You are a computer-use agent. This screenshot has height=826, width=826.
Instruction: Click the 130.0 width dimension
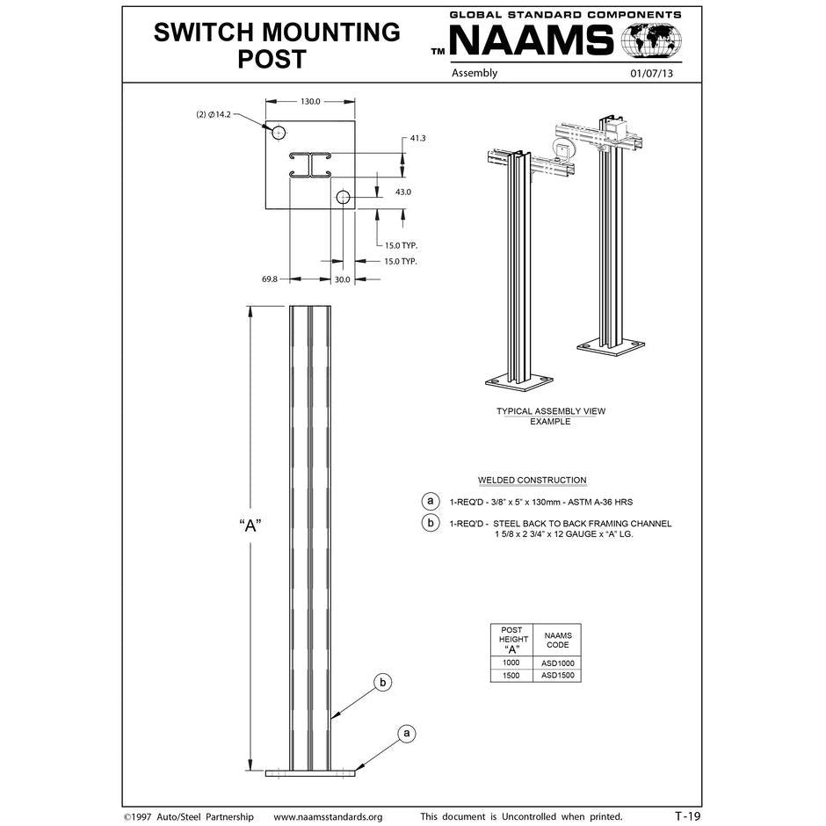pyautogui.click(x=310, y=102)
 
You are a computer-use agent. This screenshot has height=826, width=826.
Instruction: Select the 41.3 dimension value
pyautogui.click(x=417, y=139)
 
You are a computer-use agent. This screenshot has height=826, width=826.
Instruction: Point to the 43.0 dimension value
pyautogui.click(x=403, y=191)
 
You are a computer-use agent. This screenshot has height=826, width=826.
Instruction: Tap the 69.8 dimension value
pyautogui.click(x=270, y=279)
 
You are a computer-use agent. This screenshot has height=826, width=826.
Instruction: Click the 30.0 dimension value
pyautogui.click(x=342, y=279)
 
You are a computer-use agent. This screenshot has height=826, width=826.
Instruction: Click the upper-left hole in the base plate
pyautogui.click(x=279, y=133)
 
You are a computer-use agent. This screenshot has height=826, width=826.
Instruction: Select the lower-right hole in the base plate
pyautogui.click(x=343, y=198)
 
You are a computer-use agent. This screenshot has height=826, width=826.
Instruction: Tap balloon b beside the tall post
pyautogui.click(x=381, y=682)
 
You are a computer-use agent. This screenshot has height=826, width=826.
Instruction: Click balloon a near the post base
pyautogui.click(x=405, y=732)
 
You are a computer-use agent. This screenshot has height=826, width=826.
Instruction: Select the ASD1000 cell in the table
pyautogui.click(x=557, y=663)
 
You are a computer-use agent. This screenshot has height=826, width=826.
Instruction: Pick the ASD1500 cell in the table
pyautogui.click(x=557, y=676)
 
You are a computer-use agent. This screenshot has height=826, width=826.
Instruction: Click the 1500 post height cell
pyautogui.click(x=511, y=676)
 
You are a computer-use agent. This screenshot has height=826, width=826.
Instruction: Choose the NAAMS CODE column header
pyautogui.click(x=557, y=640)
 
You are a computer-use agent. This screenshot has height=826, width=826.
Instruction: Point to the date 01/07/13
pyautogui.click(x=651, y=74)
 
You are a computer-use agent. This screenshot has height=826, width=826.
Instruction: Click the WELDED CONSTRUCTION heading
pyautogui.click(x=532, y=481)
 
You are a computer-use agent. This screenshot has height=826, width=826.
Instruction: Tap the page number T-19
pyautogui.click(x=687, y=816)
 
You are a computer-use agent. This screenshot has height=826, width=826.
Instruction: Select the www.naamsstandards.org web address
pyautogui.click(x=328, y=817)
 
